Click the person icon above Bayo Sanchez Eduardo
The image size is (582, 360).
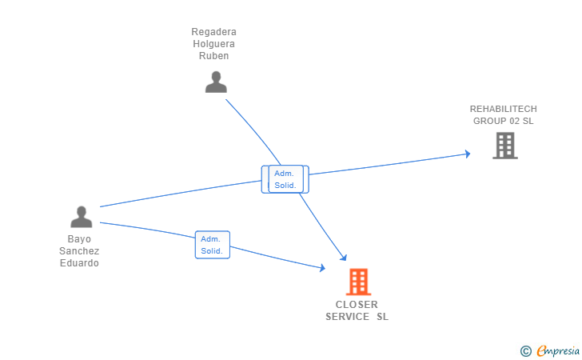(81, 217)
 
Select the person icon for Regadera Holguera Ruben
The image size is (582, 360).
(216, 82)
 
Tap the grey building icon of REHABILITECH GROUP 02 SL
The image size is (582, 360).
(504, 146)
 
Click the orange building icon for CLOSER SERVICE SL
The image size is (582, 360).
(358, 282)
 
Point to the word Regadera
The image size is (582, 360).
(213, 32)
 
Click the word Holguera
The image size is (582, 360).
(213, 44)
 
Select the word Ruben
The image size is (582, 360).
(213, 56)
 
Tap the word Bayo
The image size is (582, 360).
(79, 239)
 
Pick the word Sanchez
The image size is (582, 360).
(79, 251)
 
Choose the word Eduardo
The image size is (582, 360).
(79, 263)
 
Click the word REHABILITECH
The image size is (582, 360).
(503, 109)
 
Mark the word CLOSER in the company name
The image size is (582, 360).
(357, 305)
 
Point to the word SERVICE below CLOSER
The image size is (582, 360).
(347, 317)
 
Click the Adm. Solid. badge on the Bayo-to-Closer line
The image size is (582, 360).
(212, 245)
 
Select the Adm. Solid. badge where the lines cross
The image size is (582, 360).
(285, 179)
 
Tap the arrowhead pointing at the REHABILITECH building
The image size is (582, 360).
(467, 154)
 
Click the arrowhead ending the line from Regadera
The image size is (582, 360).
(344, 258)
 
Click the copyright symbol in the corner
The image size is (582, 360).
(525, 350)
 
